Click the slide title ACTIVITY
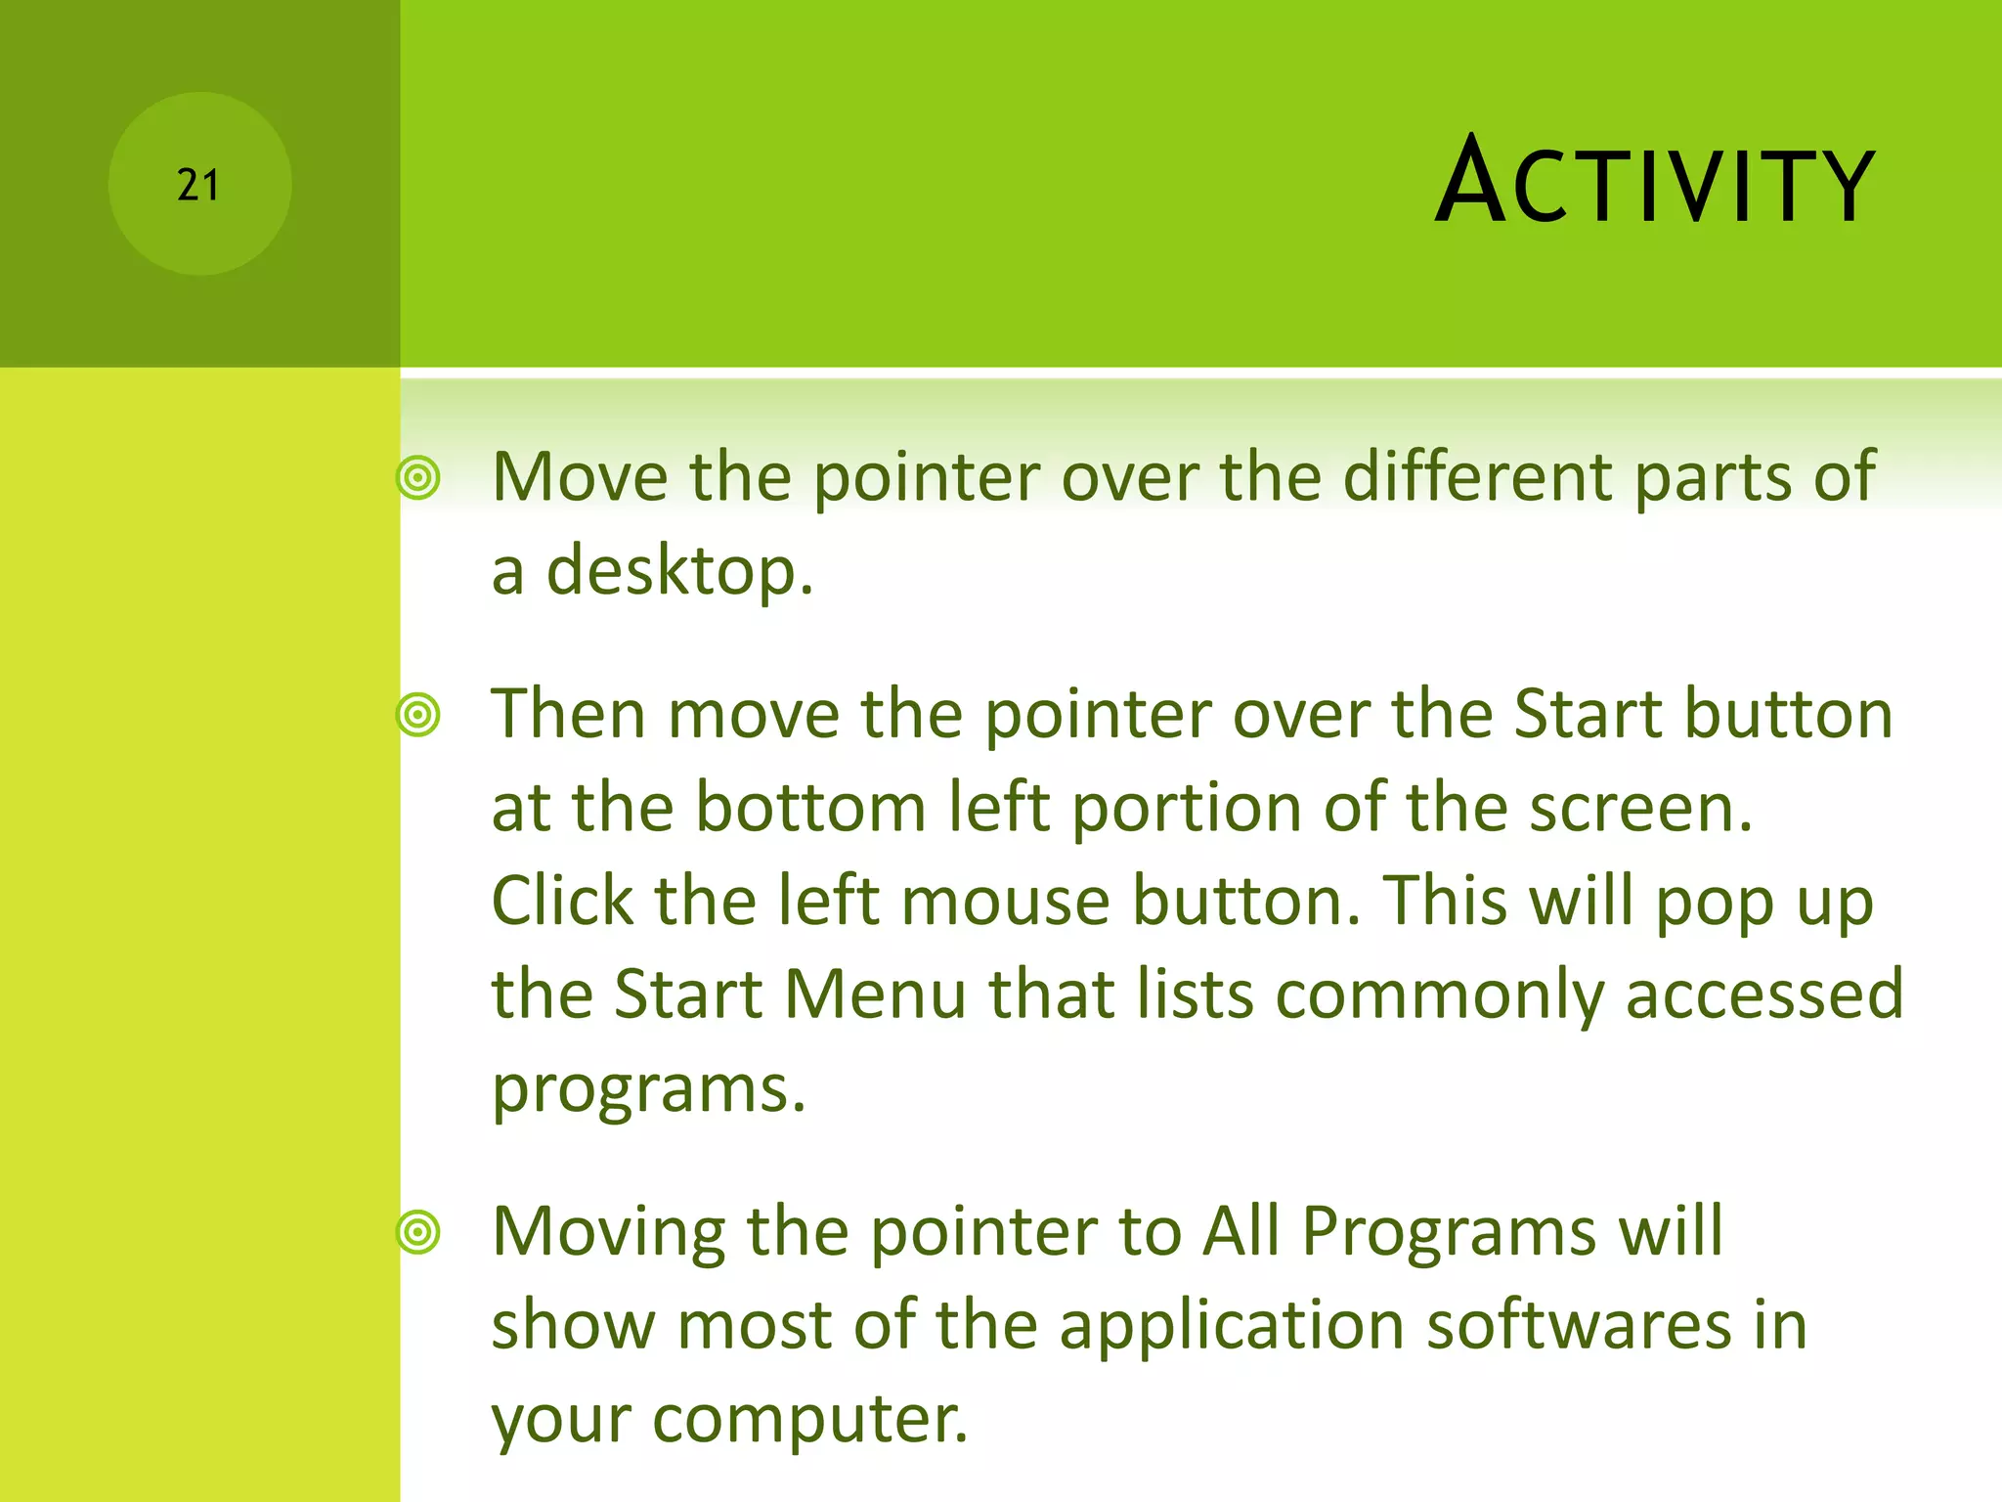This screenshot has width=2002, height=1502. point(1654,183)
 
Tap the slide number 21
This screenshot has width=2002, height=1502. point(198,185)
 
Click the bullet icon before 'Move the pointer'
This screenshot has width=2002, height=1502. point(418,478)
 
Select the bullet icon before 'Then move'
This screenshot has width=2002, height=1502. point(418,715)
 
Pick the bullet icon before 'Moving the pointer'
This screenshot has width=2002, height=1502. point(418,1232)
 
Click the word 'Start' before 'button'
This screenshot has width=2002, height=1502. point(1588,714)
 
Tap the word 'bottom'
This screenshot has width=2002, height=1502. point(810,809)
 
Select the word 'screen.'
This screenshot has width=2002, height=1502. point(1641,809)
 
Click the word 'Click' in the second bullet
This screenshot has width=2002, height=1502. point(561,901)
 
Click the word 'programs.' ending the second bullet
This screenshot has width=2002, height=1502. point(648,1089)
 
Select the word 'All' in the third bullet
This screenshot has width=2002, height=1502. point(1240,1231)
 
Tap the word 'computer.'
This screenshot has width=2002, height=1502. point(809,1419)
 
